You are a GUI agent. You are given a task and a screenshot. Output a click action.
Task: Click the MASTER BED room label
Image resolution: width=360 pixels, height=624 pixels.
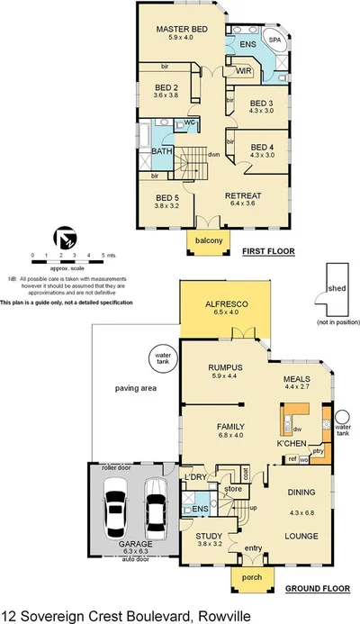click(182, 29)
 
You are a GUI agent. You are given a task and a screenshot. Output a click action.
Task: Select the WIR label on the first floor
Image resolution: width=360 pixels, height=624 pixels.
click(243, 69)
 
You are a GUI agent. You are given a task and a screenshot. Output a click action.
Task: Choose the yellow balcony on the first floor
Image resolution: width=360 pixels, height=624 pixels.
click(208, 241)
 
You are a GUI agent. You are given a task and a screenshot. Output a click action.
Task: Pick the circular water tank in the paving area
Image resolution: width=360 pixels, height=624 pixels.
click(163, 358)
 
